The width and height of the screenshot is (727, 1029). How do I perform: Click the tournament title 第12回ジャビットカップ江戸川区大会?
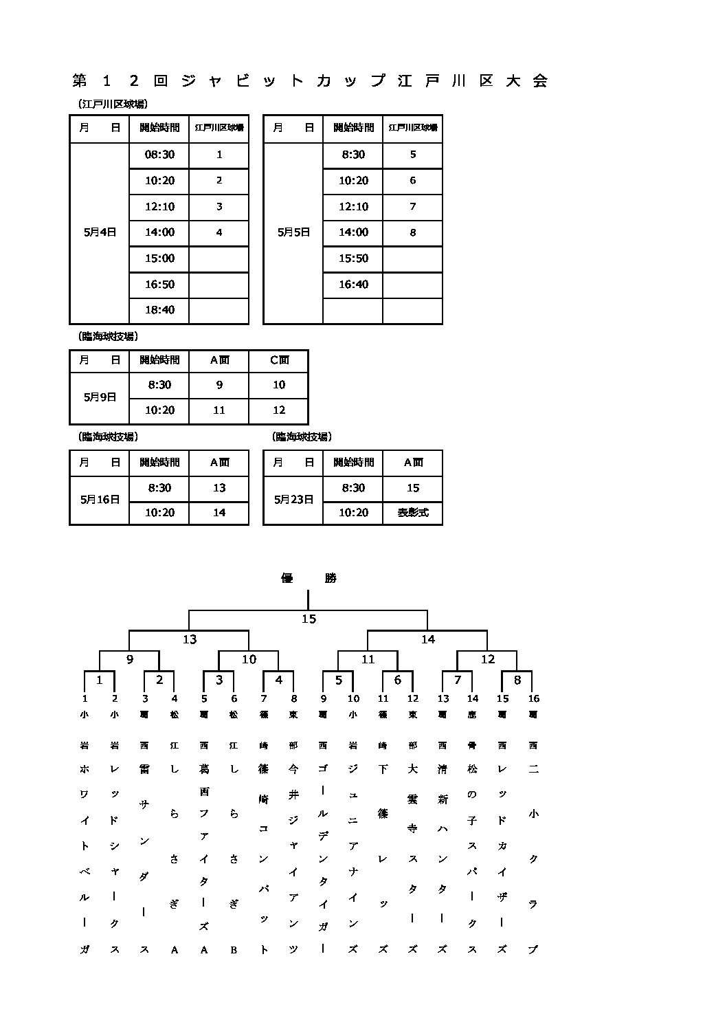coord(310,81)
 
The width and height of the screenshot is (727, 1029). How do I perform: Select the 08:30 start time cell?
coord(159,155)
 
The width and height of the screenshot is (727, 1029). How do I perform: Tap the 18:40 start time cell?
coord(159,310)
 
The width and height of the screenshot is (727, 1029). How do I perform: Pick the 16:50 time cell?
coord(159,284)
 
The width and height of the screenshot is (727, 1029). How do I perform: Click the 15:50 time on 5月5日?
coord(353,258)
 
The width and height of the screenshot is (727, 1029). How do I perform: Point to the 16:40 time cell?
coord(353,284)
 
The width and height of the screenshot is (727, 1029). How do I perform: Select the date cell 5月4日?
coord(100,232)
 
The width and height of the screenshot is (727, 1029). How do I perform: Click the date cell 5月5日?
coord(293,232)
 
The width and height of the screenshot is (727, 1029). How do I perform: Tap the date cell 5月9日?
coord(100,397)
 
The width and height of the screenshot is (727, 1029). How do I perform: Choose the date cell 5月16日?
coord(100,500)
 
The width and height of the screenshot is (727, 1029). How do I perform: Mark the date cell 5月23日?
coord(293,500)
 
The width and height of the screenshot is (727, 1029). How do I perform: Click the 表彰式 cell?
coord(413,513)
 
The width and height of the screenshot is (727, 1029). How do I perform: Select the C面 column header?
coord(279,359)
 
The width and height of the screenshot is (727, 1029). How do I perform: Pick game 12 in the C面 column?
coord(279,410)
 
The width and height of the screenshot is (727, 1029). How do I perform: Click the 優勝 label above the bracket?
coord(309,578)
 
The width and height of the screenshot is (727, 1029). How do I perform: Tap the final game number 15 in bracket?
coord(309,619)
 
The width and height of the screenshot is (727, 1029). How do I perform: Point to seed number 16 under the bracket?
coord(533,698)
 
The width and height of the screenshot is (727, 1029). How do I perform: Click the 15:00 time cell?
coord(159,258)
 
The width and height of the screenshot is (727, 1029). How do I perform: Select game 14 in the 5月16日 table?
coord(219,513)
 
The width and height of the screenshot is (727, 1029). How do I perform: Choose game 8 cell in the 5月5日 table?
coord(413,232)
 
